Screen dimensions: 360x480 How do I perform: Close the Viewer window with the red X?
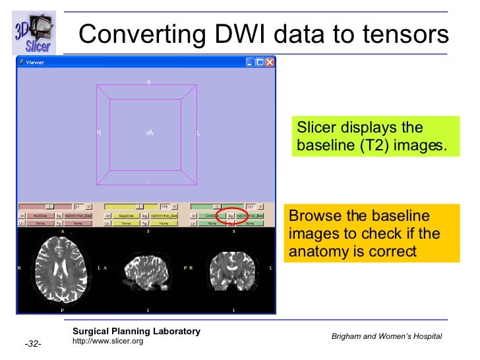270,62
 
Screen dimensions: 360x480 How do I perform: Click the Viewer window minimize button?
250,62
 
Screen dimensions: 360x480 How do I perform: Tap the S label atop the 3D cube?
148,82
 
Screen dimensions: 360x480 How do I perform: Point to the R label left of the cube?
99,133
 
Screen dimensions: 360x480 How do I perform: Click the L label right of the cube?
198,133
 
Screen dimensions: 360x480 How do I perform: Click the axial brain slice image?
61,269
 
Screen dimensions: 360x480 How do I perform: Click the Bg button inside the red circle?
231,215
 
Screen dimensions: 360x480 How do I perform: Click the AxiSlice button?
39,215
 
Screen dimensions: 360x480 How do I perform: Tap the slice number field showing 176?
165,206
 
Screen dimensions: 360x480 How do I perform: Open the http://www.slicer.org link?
107,341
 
